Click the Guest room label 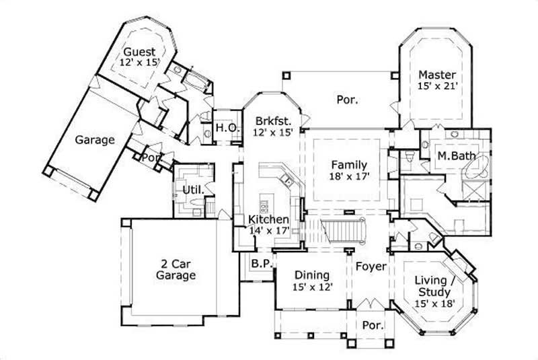coord(139,52)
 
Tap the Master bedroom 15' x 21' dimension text coord(437,86)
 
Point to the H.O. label coord(225,128)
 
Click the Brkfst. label coord(272,121)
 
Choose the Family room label coord(348,164)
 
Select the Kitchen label coord(269,219)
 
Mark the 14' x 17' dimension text coord(269,230)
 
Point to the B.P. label coord(260,264)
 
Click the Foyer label coord(371,266)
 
